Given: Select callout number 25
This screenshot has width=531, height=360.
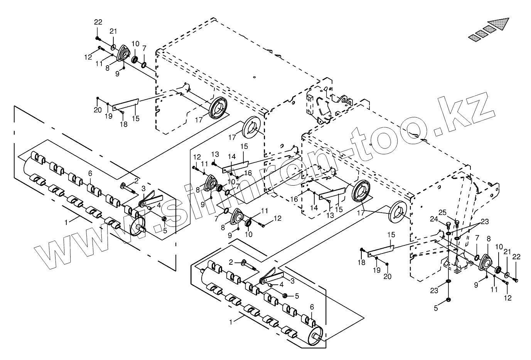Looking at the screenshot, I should (443, 213).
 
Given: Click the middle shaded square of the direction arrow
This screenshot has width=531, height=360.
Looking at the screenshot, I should (482, 32).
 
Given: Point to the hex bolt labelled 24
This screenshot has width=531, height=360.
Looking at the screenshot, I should (448, 226).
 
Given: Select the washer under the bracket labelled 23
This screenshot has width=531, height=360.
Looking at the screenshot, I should (448, 281).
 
